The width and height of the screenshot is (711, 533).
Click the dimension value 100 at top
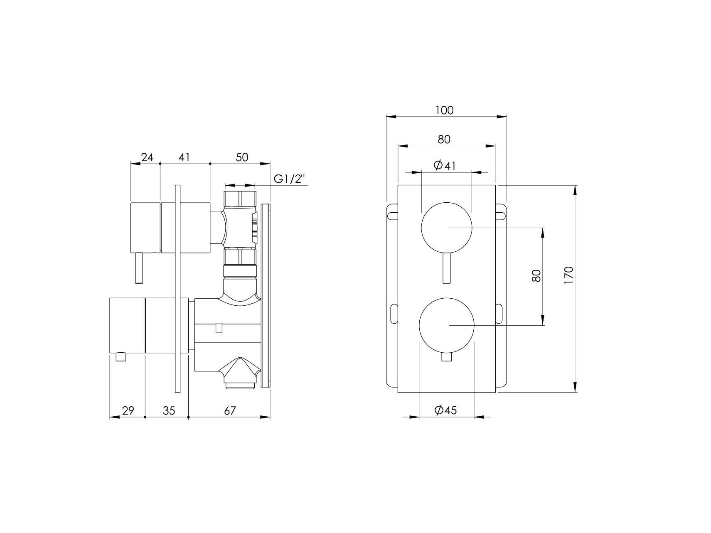click(444, 111)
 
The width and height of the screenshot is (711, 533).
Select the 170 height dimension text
click(569, 275)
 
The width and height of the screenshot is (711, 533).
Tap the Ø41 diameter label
click(445, 166)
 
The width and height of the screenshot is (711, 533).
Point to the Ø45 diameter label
click(445, 410)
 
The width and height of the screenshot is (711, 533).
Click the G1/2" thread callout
click(290, 179)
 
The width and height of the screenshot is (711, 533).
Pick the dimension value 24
click(147, 157)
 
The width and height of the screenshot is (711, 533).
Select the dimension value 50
click(242, 157)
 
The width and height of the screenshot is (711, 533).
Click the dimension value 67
click(230, 411)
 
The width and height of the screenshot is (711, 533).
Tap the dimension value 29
click(128, 411)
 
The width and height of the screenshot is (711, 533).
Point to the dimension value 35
click(169, 411)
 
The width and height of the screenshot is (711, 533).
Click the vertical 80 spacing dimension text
click(536, 276)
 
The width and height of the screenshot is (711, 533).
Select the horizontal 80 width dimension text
click(444, 139)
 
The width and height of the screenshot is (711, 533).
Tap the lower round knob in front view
click(447, 325)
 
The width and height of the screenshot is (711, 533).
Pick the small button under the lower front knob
click(447, 358)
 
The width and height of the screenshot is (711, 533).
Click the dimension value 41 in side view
click(185, 157)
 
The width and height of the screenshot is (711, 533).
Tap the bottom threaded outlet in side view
click(240, 385)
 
